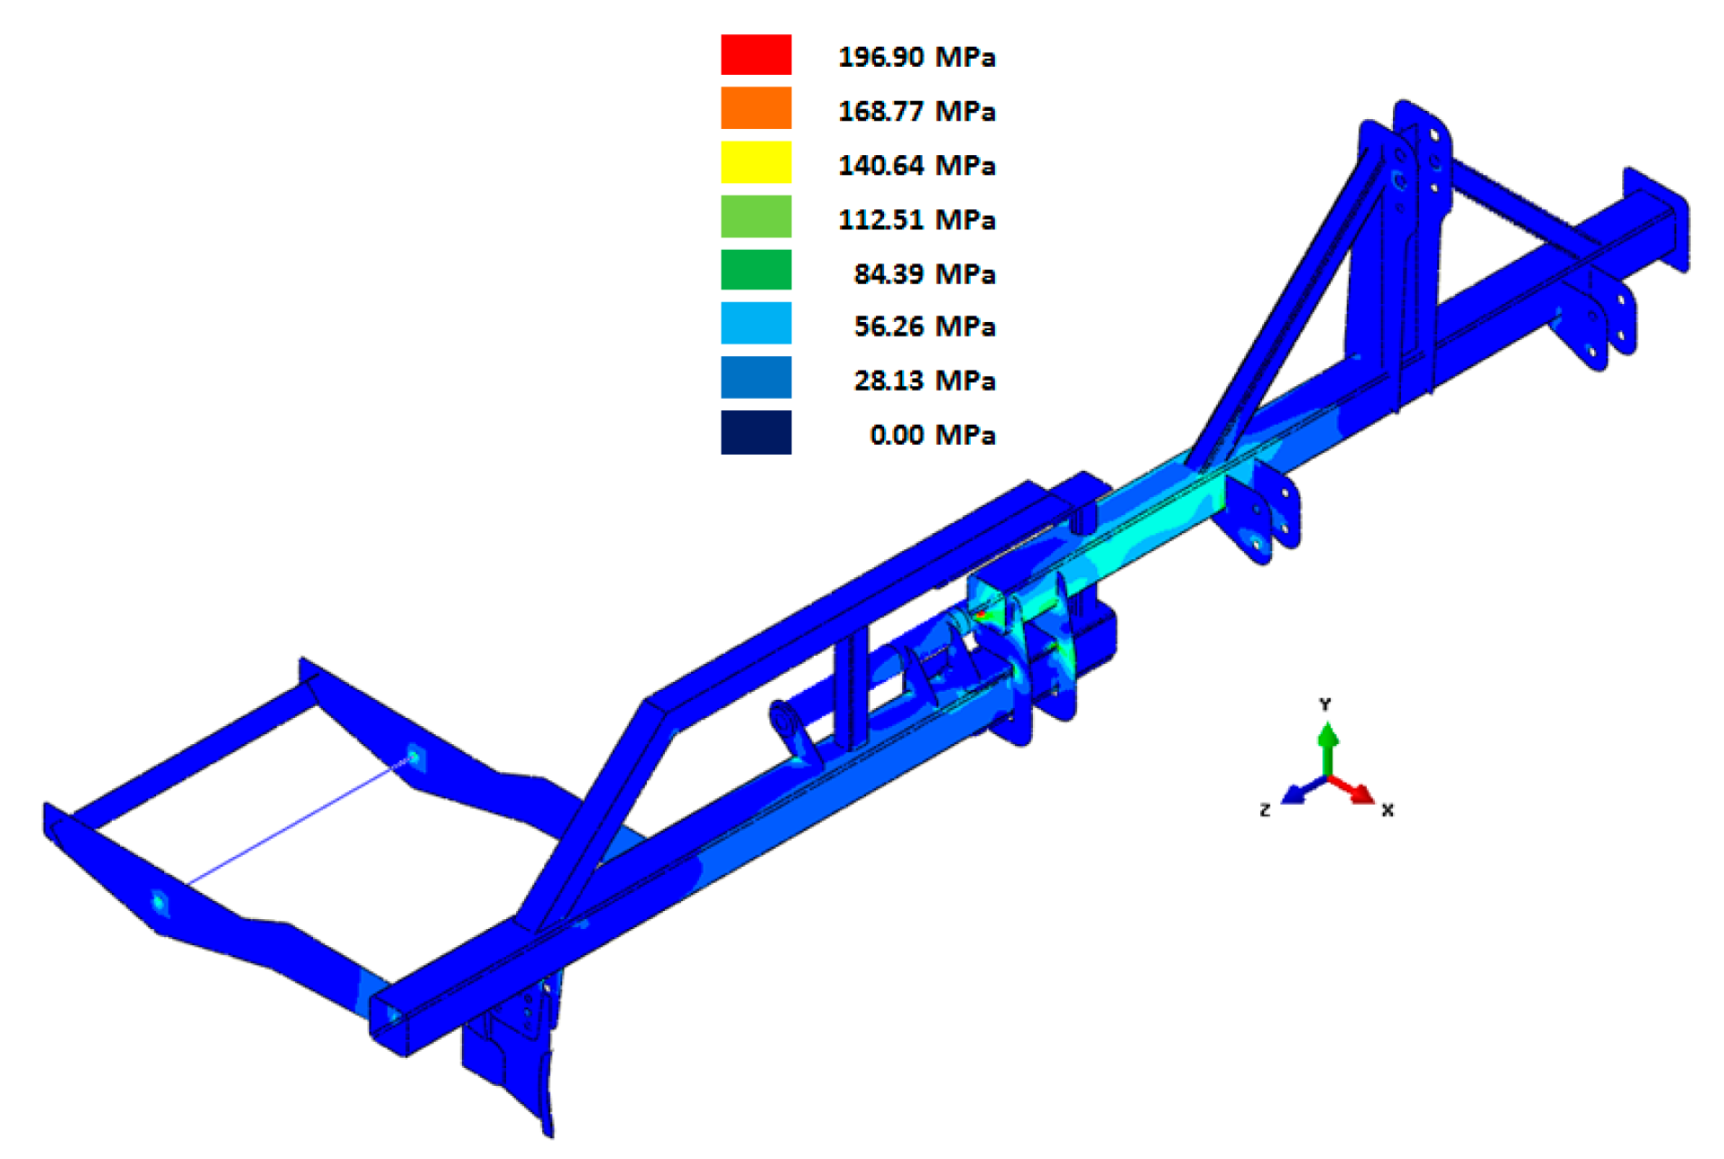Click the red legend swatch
click(x=756, y=54)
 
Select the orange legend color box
click(x=756, y=108)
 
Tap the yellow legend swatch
click(x=756, y=162)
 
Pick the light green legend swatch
click(x=756, y=216)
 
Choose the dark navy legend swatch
click(x=756, y=432)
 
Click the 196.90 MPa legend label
click(x=917, y=57)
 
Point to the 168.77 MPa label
click(x=917, y=111)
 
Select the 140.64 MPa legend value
click(x=917, y=165)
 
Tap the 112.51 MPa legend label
click(x=917, y=219)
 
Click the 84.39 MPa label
click(x=925, y=273)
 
